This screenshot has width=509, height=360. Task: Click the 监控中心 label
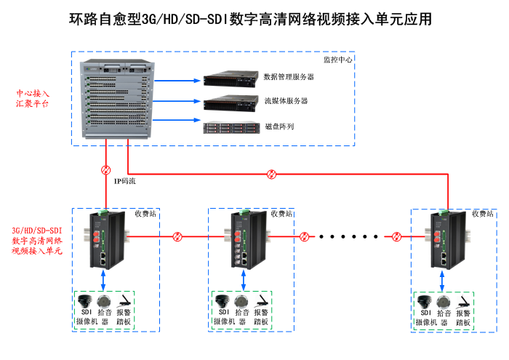337,60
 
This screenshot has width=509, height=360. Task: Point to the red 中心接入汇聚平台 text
33,99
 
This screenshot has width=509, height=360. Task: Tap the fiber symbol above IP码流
106,169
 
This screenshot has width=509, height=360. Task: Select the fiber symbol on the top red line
271,174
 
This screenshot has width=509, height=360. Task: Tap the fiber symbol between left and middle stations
177,236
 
